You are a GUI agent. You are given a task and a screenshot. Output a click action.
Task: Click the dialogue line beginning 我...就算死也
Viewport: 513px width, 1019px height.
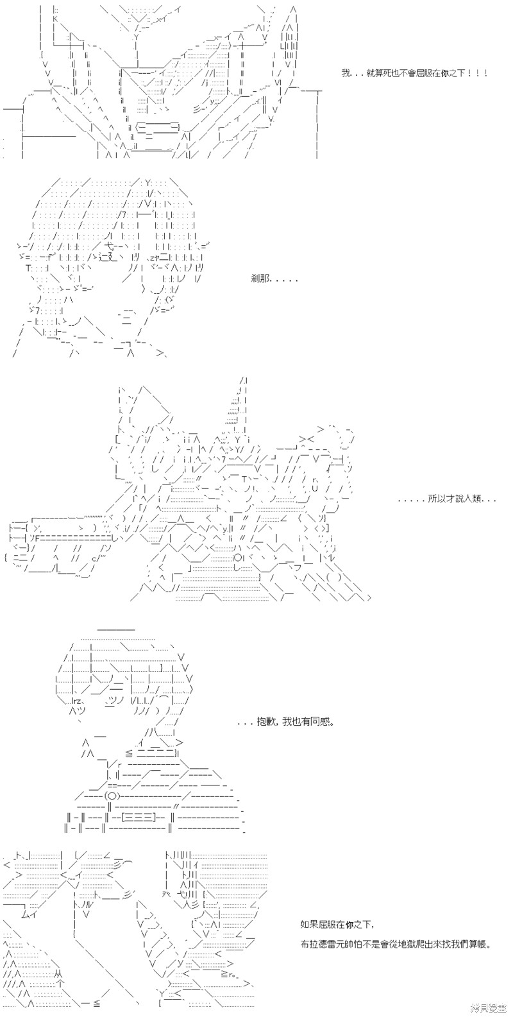coord(414,74)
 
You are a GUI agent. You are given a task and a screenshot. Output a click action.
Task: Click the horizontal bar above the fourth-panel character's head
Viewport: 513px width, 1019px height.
coord(117,629)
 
